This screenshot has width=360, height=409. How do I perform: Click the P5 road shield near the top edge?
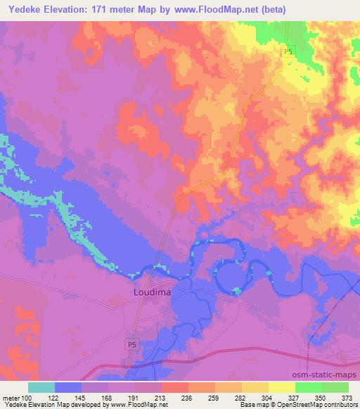[289, 53]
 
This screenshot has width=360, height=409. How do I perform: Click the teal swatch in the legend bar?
[41, 387]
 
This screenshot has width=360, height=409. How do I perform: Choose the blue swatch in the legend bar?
[68, 387]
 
